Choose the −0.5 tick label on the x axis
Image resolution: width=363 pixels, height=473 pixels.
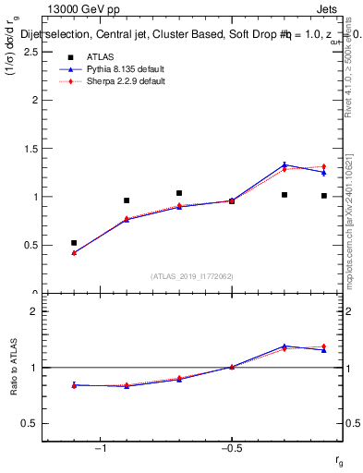click(x=231, y=449)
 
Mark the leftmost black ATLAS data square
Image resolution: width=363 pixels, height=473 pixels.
click(x=74, y=243)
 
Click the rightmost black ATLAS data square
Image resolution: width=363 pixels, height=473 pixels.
click(x=324, y=196)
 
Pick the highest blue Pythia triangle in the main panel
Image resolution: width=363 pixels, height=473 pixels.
click(x=284, y=165)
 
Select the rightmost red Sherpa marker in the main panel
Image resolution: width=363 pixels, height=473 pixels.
click(x=324, y=166)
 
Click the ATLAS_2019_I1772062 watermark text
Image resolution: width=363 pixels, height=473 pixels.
click(x=190, y=275)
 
